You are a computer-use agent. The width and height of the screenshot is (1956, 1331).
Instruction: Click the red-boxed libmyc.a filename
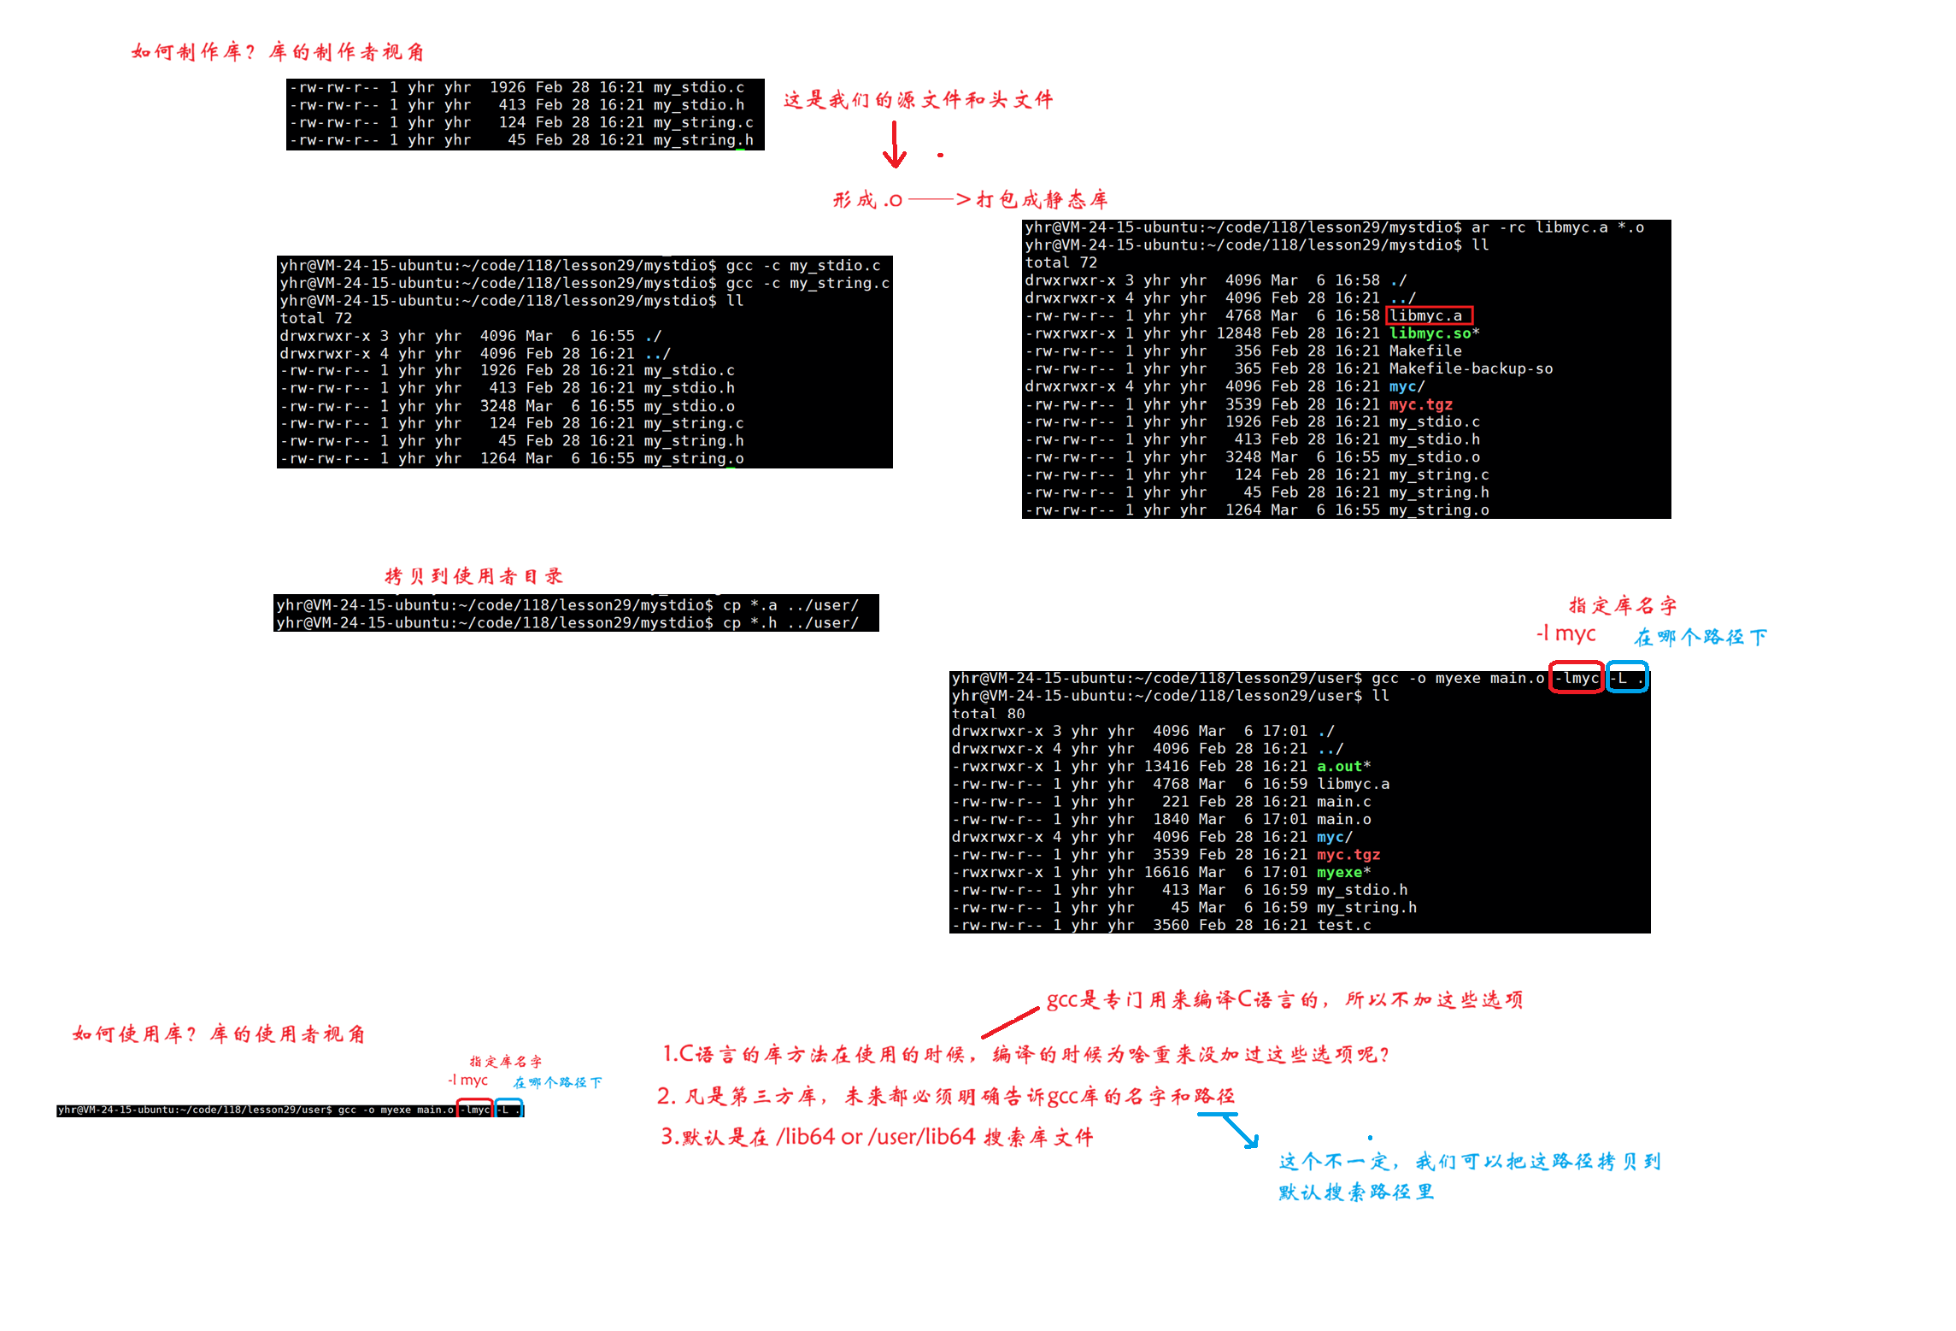point(1429,315)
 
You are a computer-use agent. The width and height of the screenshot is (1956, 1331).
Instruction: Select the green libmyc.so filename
point(1430,333)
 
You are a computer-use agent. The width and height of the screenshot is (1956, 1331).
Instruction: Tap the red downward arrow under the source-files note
point(894,145)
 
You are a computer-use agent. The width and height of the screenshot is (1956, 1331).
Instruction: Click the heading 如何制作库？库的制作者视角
point(278,52)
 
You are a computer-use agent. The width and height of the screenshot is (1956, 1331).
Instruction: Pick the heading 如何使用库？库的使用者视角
point(219,1034)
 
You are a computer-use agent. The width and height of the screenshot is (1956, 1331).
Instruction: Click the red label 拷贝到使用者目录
point(473,576)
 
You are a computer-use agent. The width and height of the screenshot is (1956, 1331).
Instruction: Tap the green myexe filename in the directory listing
point(1339,873)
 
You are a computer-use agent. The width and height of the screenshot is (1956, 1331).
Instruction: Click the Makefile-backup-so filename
point(1471,368)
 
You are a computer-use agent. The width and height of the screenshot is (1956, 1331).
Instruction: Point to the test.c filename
point(1343,925)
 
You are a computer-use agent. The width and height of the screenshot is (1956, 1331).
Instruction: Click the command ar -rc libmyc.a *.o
point(1557,227)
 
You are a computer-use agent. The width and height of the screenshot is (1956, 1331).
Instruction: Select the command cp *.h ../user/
point(790,623)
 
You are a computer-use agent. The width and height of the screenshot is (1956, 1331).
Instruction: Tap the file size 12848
point(1238,333)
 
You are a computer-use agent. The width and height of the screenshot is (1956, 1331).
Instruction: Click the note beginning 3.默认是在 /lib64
point(876,1137)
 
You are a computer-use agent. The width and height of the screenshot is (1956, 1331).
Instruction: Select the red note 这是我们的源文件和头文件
point(918,100)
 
